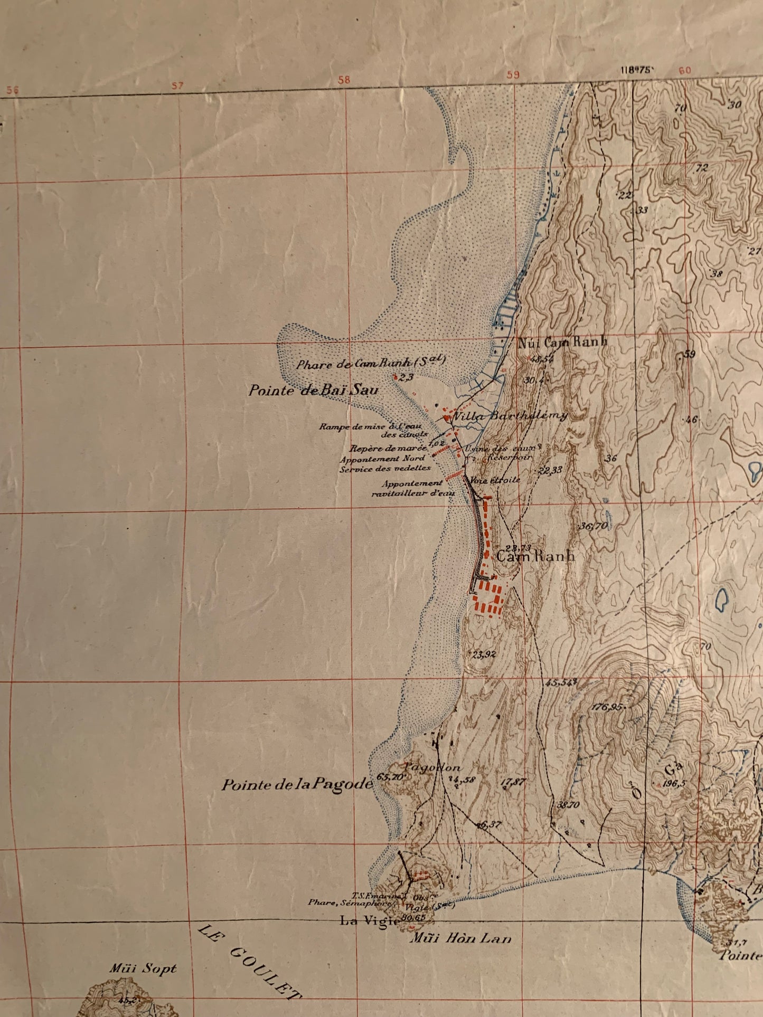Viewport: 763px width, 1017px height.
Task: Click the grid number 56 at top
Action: (x=12, y=90)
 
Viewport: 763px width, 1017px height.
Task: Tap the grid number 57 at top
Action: (x=177, y=85)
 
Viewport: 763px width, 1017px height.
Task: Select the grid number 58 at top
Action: (x=344, y=80)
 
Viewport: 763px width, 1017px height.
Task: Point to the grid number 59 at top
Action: (x=513, y=75)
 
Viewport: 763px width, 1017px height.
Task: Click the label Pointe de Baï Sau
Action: (x=314, y=391)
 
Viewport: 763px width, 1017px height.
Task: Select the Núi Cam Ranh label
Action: (x=562, y=342)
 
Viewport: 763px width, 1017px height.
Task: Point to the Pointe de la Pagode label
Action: (x=297, y=785)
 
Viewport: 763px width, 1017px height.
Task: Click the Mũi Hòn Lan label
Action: (x=461, y=938)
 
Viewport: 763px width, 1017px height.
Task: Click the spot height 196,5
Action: (x=674, y=784)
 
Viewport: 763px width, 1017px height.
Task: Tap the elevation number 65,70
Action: (x=391, y=776)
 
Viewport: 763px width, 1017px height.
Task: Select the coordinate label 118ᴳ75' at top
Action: (x=638, y=70)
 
